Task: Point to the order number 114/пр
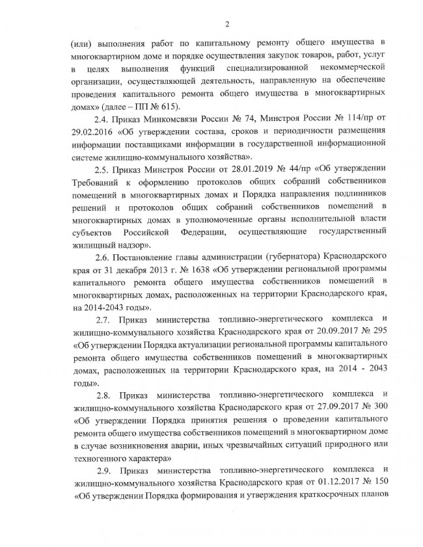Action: [353, 121]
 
